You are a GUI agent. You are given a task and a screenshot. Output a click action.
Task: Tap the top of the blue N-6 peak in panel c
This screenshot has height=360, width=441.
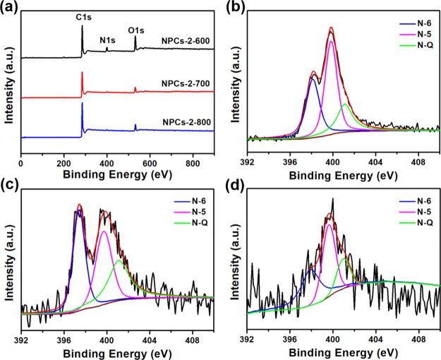pos(79,210)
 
